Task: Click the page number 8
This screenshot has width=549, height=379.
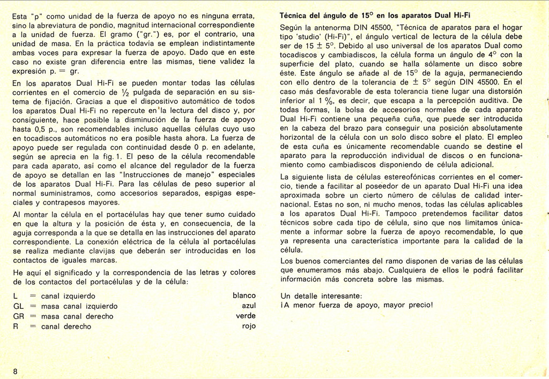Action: pos(16,372)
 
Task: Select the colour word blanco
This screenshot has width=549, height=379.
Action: pos(244,295)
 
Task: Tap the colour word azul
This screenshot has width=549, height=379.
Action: pos(249,306)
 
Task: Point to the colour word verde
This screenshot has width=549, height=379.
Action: pos(246,316)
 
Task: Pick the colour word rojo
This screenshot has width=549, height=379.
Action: pos(248,326)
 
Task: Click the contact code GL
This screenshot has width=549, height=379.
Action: pos(18,306)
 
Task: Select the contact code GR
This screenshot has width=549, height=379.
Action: pos(19,316)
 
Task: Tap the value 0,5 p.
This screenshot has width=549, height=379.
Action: pos(47,129)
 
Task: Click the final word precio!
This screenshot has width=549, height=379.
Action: pos(418,306)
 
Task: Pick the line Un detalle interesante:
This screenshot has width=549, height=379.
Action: pos(321,295)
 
